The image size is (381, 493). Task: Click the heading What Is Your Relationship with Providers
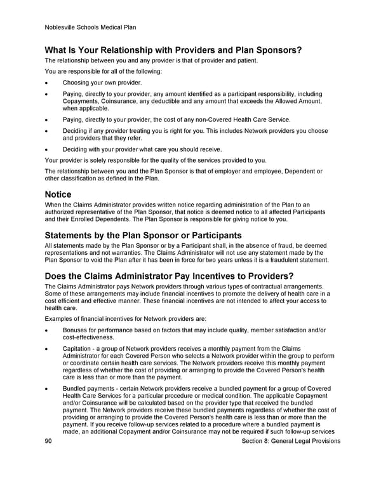(173, 50)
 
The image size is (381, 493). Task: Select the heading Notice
(58, 194)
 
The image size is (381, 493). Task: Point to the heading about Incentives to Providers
(169, 278)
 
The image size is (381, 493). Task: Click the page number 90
(49, 441)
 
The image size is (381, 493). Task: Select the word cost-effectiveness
(87, 337)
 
